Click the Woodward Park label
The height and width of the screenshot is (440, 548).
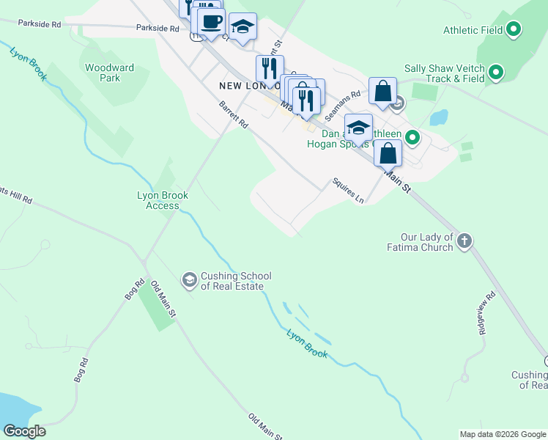pos(109,73)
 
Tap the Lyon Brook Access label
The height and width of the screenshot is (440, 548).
pos(163,200)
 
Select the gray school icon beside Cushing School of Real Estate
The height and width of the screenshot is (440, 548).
pos(189,279)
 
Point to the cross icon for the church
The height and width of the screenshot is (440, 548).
pos(464,240)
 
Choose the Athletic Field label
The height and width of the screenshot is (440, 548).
pos(473,30)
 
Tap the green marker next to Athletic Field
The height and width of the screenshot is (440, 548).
pos(514,30)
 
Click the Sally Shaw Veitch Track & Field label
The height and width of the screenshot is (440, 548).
pos(445,73)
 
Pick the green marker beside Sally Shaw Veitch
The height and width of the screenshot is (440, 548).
pos(496,73)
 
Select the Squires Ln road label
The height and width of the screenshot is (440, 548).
pos(348,190)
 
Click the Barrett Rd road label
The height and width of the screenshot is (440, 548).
pos(234,115)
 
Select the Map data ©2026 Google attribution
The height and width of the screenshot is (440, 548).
pos(502,434)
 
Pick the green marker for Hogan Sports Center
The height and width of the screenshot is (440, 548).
pos(413,137)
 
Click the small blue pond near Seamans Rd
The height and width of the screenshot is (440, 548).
pos(440,117)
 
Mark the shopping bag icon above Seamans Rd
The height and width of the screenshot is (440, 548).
pos(382,92)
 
